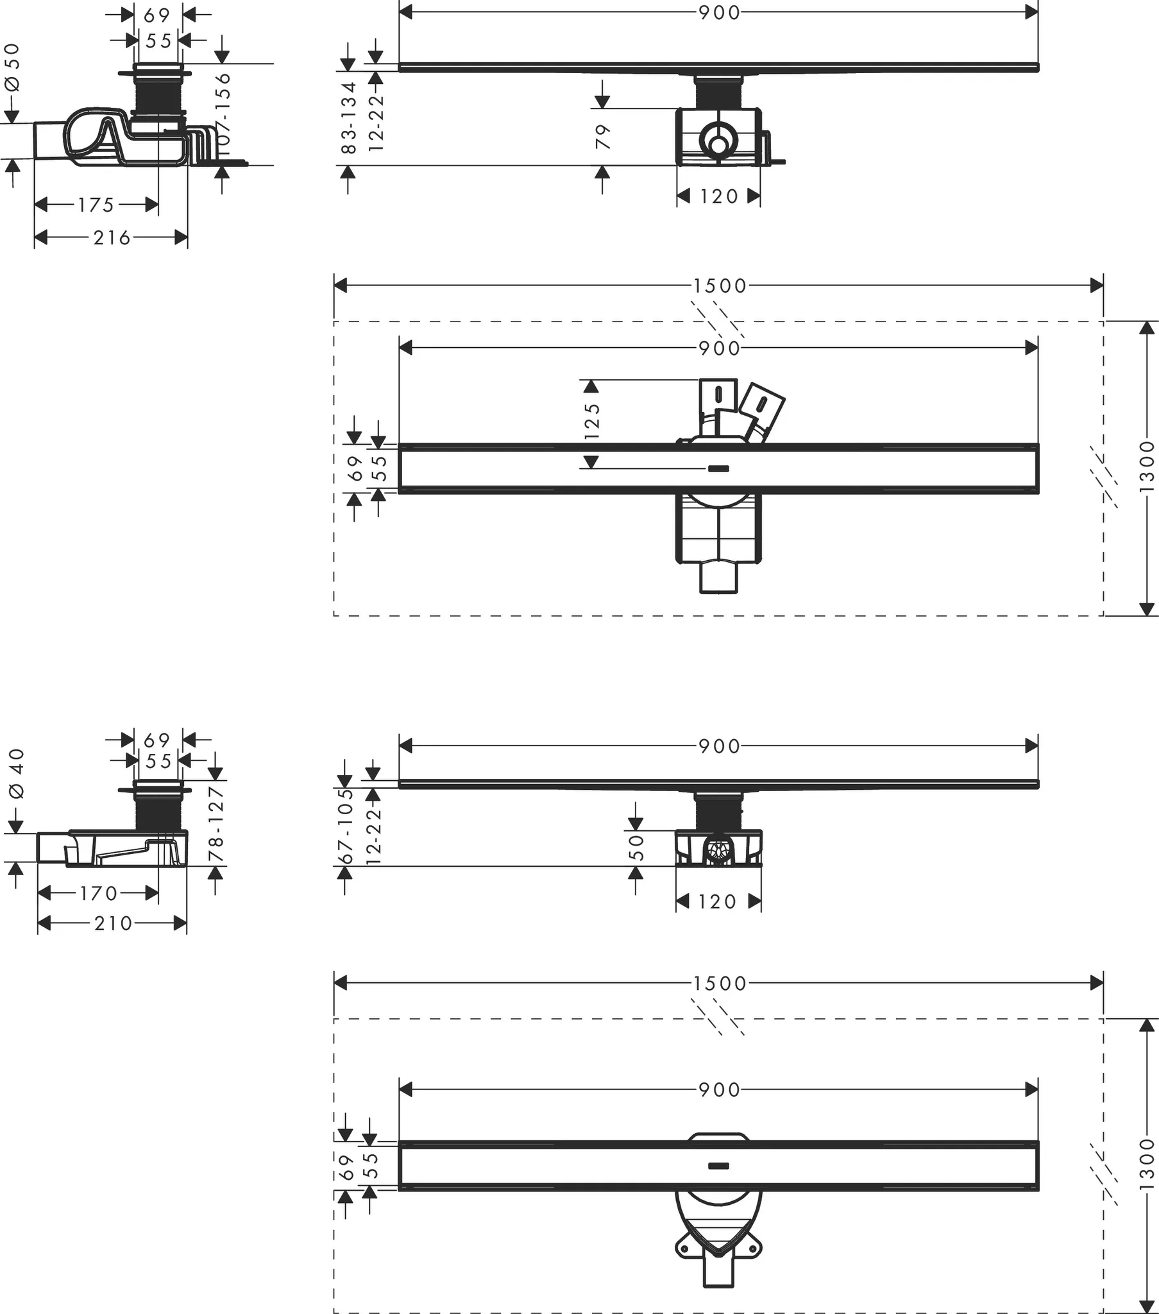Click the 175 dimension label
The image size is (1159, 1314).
click(96, 205)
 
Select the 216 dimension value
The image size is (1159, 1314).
click(112, 238)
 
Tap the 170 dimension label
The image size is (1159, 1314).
click(98, 893)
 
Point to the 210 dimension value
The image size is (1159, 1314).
click(113, 923)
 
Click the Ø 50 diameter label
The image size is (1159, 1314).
click(13, 67)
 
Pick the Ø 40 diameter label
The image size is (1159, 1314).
click(17, 773)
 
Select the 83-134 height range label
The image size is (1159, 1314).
click(348, 117)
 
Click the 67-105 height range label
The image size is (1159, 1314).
click(346, 826)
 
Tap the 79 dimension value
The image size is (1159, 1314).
click(603, 137)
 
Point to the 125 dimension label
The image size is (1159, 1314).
click(592, 421)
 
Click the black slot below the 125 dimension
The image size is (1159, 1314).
click(718, 468)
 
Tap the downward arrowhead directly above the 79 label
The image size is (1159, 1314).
click(602, 101)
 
